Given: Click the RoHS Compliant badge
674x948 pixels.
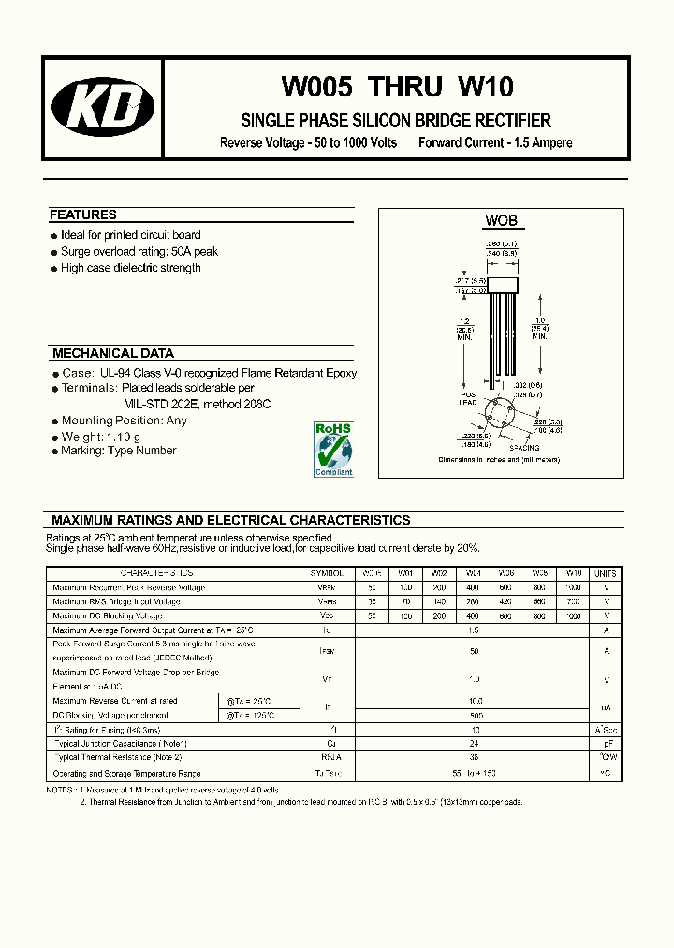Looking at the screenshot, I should pos(333,449).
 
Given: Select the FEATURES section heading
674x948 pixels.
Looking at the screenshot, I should pos(83,215).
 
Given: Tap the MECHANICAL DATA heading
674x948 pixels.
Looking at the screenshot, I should pos(113,354).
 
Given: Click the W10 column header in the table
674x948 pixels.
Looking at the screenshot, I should pos(574,573).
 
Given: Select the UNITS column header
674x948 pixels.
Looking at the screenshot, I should pos(607,573).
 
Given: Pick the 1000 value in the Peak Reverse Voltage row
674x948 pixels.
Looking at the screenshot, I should pos(574,587).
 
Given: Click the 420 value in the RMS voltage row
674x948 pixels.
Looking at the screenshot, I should pos(506,601).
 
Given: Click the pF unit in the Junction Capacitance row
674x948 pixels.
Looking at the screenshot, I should pos(607,744).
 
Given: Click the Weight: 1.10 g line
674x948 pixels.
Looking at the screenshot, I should pos(100,437).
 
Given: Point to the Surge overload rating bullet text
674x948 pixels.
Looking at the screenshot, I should pos(139,252).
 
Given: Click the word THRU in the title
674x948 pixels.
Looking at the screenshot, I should pos(405,87).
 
